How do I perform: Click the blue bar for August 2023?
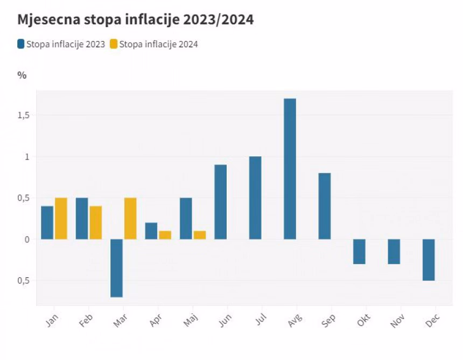coord(290,169)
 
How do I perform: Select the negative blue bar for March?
coord(117,268)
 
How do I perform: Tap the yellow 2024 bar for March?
coord(130,218)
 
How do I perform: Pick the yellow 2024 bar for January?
coord(61,218)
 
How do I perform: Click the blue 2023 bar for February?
coord(82,218)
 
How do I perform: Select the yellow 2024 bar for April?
coord(165,235)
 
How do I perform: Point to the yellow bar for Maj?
coord(199,235)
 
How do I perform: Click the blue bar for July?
coord(255,198)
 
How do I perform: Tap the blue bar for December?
coord(429,260)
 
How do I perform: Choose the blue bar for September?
coord(325,206)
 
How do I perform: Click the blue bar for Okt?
coord(359,251)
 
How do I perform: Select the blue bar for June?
coord(221,202)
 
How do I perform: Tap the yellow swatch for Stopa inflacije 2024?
coord(113,44)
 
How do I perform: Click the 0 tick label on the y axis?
coord(25,239)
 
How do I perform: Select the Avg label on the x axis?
coord(294,322)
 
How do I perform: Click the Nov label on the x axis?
coord(397,322)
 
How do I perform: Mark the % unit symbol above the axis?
coord(22,75)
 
